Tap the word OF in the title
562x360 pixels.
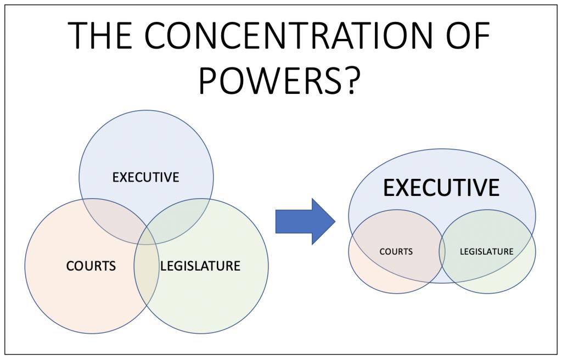tap(459, 38)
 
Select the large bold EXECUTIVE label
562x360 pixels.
tap(441, 188)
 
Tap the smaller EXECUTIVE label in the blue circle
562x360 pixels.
tap(146, 177)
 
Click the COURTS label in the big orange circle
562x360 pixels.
tap(91, 266)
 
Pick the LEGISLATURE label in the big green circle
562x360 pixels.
tap(200, 266)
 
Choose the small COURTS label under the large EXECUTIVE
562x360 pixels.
tap(396, 252)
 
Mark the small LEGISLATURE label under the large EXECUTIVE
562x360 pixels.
tap(487, 252)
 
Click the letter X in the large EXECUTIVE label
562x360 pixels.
tap(408, 188)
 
